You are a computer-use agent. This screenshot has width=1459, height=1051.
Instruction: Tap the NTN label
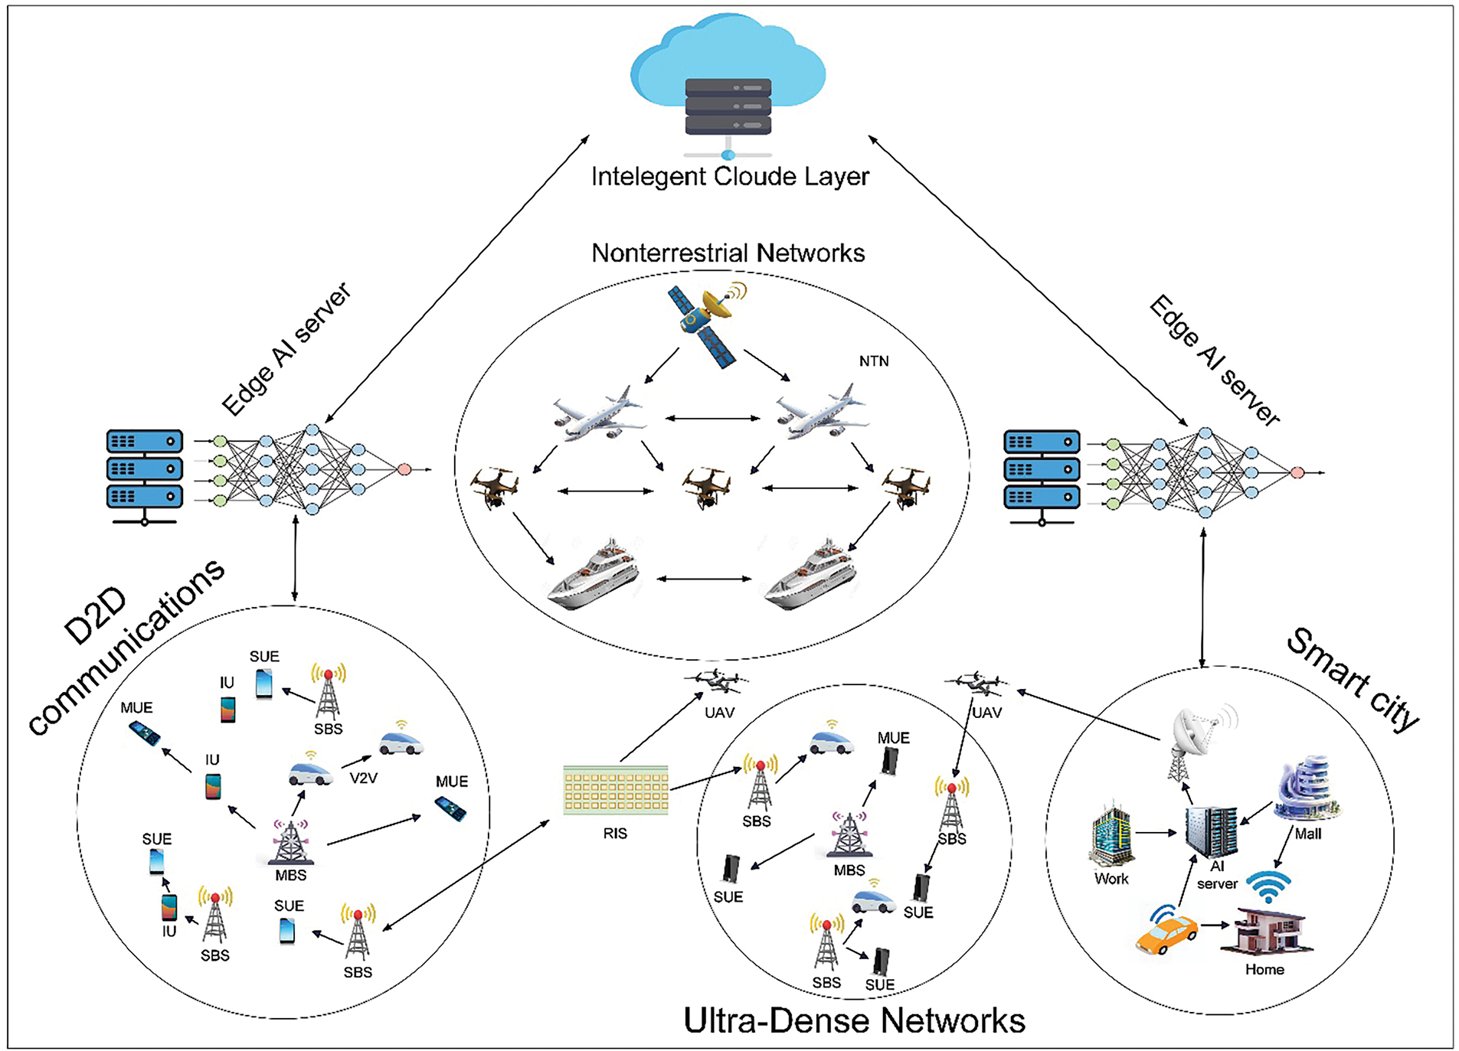coord(873,361)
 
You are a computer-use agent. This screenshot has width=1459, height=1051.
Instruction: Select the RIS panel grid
coord(615,790)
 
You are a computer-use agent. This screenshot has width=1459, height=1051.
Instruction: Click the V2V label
coord(363,778)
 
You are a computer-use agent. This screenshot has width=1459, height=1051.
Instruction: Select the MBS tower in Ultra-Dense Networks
coord(850,836)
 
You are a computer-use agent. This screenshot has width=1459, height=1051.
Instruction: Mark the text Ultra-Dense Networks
coord(853,1020)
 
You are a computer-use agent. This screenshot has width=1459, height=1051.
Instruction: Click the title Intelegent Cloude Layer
coord(729,177)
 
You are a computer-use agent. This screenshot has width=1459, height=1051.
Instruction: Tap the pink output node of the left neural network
coord(404,469)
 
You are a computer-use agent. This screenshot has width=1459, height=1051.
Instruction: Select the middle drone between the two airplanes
coord(706,487)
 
